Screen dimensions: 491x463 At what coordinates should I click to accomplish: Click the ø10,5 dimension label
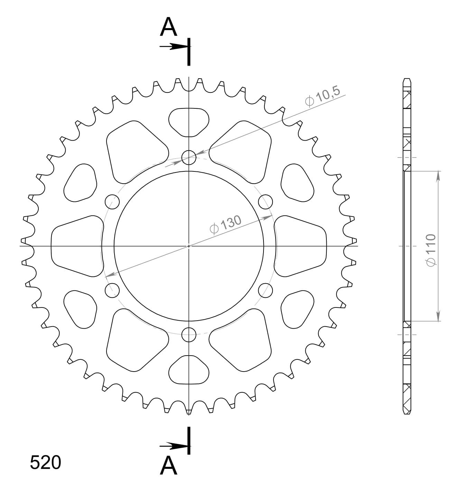tap(323, 96)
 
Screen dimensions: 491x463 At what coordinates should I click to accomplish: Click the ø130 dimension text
tap(225, 225)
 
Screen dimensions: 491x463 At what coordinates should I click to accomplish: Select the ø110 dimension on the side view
tap(431, 250)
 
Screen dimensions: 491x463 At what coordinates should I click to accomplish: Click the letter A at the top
tap(168, 27)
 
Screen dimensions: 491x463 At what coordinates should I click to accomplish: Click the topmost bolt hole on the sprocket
tap(189, 158)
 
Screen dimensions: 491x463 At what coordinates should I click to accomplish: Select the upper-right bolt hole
tap(266, 202)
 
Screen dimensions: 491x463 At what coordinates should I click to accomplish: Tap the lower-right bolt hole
tap(266, 290)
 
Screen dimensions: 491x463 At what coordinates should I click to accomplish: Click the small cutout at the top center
tap(189, 121)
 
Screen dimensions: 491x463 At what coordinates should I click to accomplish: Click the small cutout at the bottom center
tap(189, 371)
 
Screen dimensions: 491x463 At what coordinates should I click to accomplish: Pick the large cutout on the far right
tap(300, 246)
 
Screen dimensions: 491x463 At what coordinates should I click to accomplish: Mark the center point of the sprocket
tap(189, 246)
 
